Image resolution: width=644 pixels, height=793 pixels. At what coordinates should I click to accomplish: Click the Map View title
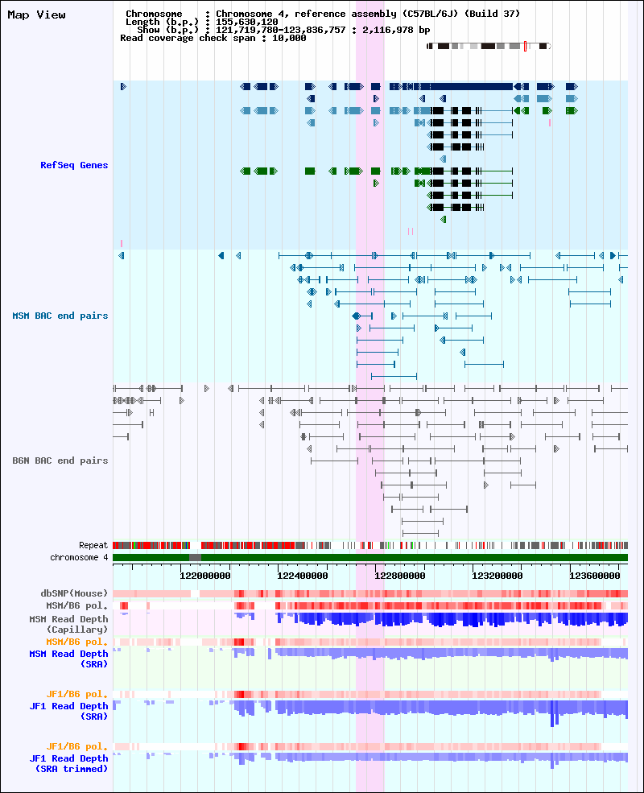36,15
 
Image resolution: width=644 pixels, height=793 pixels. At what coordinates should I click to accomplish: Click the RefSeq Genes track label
74,165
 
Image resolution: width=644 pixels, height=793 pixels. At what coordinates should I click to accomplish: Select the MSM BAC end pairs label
60,316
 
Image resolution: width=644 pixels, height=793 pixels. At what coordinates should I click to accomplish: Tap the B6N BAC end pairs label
60,461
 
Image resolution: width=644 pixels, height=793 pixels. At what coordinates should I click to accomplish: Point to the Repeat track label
93,545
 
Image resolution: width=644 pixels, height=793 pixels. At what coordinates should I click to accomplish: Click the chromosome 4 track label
79,557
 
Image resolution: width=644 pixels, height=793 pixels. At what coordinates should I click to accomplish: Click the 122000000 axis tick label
205,576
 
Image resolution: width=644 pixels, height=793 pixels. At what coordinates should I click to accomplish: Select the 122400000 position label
303,576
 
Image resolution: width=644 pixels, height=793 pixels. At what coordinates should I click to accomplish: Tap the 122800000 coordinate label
400,576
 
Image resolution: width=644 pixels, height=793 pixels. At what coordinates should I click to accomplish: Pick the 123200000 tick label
497,576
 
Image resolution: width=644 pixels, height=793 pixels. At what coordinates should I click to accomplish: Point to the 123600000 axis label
594,576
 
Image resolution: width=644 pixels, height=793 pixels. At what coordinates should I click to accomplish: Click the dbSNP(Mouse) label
74,593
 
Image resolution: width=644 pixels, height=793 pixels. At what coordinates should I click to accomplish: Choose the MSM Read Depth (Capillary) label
68,624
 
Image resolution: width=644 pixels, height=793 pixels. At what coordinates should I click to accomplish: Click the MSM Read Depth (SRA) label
68,659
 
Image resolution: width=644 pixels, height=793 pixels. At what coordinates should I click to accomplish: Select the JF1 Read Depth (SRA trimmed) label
68,764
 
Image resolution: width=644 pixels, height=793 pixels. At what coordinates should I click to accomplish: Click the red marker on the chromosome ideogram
525,46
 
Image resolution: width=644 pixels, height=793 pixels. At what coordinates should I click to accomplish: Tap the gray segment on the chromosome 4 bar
195,557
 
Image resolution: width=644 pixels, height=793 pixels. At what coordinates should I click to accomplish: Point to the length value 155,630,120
246,23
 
